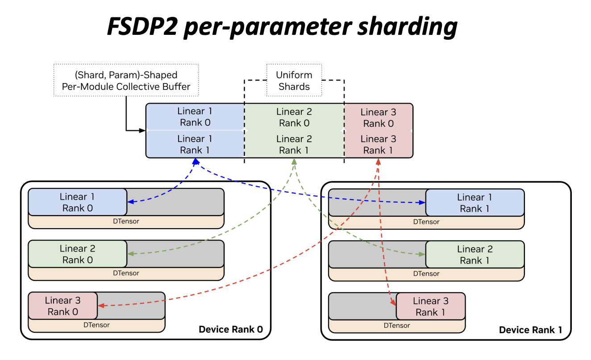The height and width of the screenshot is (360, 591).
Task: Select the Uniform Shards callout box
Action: tap(294, 80)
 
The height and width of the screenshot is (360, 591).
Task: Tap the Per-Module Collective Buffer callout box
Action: tap(126, 80)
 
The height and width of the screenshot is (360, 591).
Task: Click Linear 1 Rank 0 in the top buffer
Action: tap(195, 117)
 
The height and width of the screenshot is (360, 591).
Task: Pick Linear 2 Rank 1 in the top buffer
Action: tap(294, 144)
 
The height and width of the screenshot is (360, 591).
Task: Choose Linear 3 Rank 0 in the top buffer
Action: tap(378, 117)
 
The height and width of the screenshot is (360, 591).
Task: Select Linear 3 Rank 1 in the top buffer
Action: tap(378, 144)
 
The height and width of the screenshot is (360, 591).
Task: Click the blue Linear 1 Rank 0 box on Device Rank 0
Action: tap(77, 202)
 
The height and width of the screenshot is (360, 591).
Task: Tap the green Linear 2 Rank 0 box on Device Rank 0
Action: tap(77, 254)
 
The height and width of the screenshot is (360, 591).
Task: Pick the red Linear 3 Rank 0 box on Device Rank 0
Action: tap(62, 306)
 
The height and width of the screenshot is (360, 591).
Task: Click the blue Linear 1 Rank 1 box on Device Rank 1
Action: tap(474, 203)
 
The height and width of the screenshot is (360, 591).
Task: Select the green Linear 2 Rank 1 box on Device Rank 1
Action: tap(474, 255)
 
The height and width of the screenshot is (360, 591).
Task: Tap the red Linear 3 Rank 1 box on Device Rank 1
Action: tap(430, 306)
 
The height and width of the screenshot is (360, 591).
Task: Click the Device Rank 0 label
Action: tap(230, 330)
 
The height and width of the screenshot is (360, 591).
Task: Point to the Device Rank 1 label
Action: tap(530, 330)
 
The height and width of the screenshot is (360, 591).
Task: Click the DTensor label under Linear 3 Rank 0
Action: tap(96, 325)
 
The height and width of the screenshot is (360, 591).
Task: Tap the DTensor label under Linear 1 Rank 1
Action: tap(426, 222)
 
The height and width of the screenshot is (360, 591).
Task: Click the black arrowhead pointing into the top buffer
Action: tap(143, 130)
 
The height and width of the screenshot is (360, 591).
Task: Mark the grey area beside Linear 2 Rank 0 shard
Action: tap(175, 254)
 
